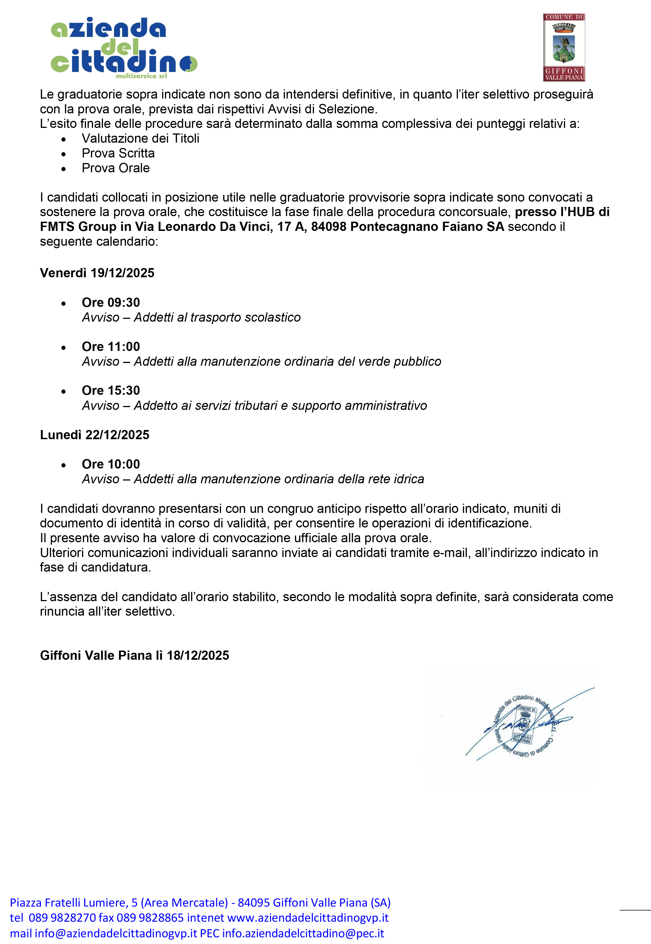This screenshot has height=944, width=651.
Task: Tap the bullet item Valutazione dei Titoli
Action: click(x=140, y=138)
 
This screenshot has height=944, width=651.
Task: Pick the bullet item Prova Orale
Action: click(x=116, y=168)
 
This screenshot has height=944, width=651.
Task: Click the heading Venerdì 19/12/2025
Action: click(x=97, y=273)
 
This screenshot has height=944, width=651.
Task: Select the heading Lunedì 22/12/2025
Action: click(x=95, y=435)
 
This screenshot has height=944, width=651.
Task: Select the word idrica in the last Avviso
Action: click(x=409, y=479)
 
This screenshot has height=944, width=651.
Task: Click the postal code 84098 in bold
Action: click(x=328, y=226)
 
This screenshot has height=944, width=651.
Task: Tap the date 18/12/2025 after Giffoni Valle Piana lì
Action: click(x=198, y=655)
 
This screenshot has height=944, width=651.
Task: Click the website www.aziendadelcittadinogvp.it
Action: click(x=308, y=917)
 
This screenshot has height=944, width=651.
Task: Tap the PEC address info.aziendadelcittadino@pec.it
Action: click(x=303, y=933)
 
